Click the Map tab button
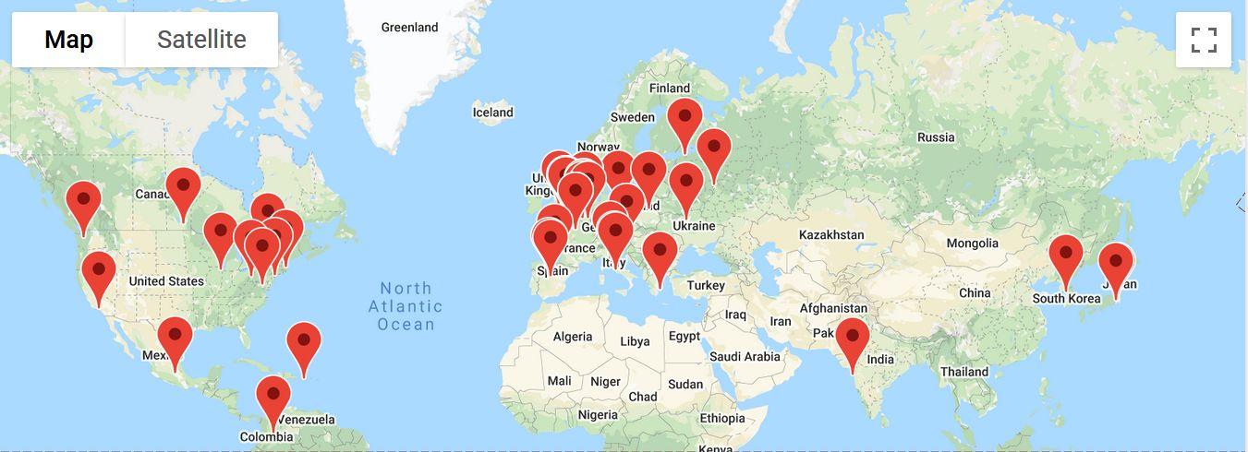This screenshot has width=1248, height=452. point(68,40)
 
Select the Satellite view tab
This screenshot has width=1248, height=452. point(201,40)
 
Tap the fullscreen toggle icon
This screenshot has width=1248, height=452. point(1204,40)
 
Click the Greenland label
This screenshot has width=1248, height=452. point(409,28)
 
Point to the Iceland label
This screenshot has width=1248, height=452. point(492,113)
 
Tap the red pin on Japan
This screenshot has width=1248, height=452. point(1115,262)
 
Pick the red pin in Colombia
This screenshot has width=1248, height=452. point(273,395)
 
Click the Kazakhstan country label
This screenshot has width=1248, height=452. point(831,235)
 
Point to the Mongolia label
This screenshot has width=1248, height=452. point(972,244)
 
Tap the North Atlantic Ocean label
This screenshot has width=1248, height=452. point(406,306)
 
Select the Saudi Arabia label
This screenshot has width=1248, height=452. point(745,357)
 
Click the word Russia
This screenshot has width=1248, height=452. point(936,137)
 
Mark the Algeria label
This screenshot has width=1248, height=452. point(573,337)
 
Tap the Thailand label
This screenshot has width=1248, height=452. point(964,373)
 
